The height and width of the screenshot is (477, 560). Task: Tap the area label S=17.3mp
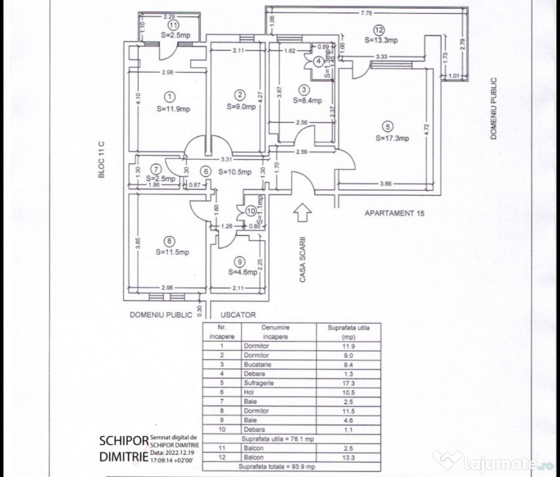392,138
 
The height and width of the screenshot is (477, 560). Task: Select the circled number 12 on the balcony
379,30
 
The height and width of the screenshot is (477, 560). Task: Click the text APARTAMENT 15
397,213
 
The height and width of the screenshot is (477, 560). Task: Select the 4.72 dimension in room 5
426,129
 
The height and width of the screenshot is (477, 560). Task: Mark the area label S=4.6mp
242,271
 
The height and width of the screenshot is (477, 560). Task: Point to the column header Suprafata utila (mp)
349,332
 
